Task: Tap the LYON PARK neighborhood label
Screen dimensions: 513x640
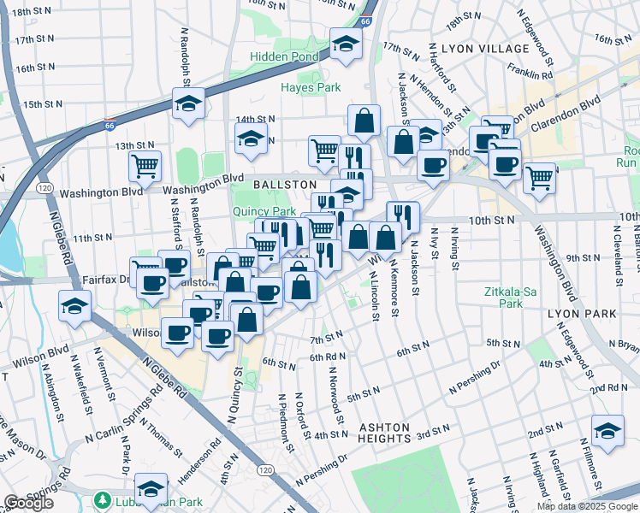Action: [584, 315]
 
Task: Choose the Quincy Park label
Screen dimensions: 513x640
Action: [264, 211]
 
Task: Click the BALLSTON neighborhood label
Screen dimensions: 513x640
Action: [285, 185]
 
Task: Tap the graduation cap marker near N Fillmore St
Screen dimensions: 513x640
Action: [607, 431]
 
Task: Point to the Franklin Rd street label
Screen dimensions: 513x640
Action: [530, 74]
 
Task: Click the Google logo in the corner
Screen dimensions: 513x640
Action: [28, 503]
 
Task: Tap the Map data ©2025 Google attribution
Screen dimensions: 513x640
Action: [587, 506]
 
